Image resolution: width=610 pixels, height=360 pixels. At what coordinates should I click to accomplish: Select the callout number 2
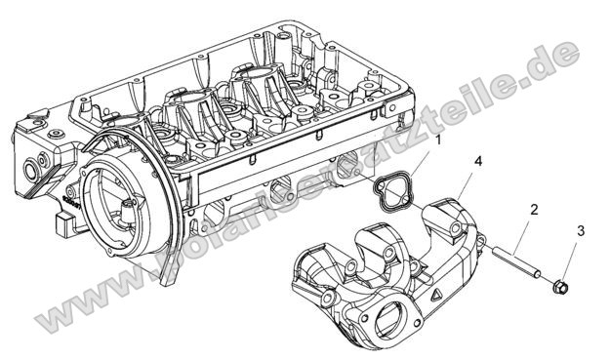[534, 209]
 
